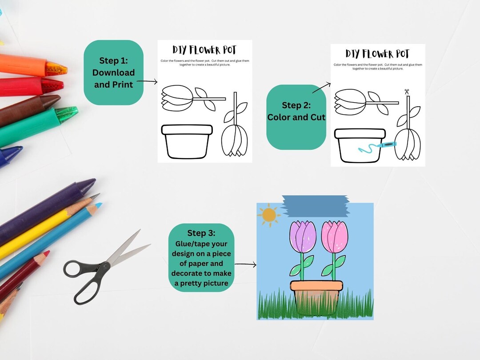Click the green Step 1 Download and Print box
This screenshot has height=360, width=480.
pyautogui.click(x=113, y=72)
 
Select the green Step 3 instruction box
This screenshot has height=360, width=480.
pyautogui.click(x=201, y=258)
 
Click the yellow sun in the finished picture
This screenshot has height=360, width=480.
pyautogui.click(x=269, y=215)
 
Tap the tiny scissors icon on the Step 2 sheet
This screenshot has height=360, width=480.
pyautogui.click(x=406, y=92)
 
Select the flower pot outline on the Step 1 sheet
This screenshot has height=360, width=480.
pyautogui.click(x=187, y=141)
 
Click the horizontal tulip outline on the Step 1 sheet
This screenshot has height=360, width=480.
pyautogui.click(x=187, y=99)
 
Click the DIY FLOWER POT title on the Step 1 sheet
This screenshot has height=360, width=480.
pyautogui.click(x=205, y=50)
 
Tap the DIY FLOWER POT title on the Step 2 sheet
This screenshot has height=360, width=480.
pyautogui.click(x=378, y=54)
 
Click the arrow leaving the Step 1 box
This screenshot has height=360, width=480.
pyautogui.click(x=147, y=82)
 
